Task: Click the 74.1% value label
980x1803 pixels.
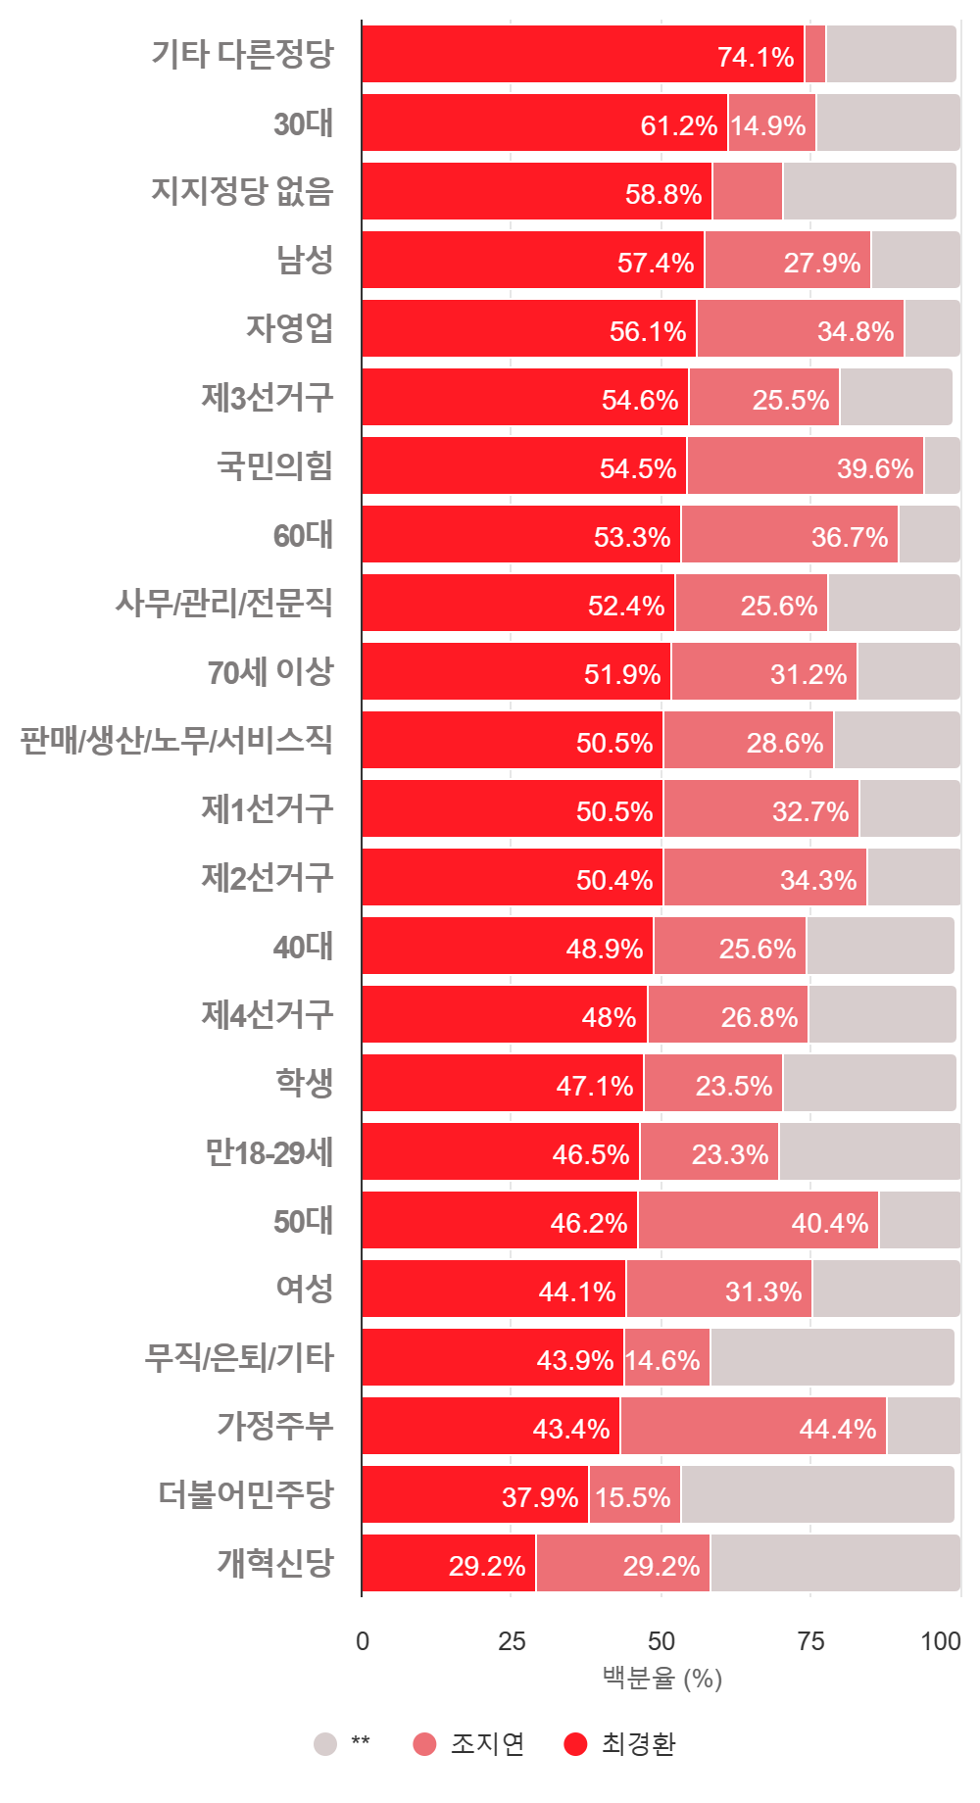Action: point(755,57)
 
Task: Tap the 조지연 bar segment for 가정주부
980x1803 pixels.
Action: point(753,1426)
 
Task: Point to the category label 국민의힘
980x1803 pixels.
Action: point(274,465)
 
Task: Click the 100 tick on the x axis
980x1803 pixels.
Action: point(940,1641)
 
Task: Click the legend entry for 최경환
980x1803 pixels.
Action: point(619,1743)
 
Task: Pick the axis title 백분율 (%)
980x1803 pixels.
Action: point(661,1679)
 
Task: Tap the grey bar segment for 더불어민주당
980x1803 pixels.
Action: point(817,1494)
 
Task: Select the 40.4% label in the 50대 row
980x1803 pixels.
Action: point(829,1223)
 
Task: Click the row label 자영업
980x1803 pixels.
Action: point(289,328)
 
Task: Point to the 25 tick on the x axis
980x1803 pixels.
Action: point(512,1641)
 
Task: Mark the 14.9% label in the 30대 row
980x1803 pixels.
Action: point(768,125)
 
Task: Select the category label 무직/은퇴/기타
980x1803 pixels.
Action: point(239,1357)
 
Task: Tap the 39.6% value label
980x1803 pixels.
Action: point(874,468)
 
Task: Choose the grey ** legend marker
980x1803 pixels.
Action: point(325,1743)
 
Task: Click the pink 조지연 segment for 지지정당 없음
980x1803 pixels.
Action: point(747,191)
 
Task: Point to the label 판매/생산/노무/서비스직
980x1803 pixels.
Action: point(176,740)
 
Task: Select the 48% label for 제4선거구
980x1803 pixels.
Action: point(609,1017)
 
